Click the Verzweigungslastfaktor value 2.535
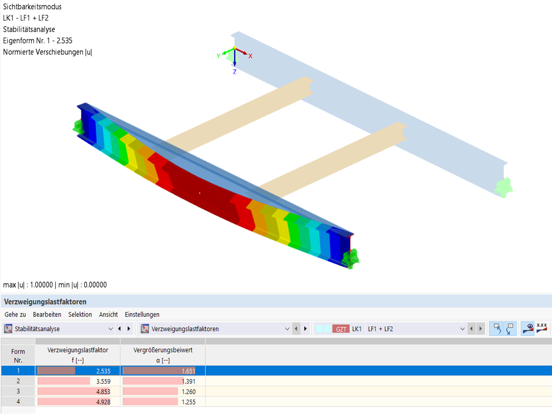103,371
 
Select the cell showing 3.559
103,381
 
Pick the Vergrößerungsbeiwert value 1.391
188,381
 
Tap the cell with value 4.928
103,402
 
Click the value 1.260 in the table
188,392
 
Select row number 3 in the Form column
18,392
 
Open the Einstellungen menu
142,314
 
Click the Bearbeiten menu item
47,314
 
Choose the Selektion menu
80,314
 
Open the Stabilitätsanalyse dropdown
110,329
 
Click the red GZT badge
341,329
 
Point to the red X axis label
250,56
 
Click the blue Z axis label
235,72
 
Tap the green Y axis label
219,56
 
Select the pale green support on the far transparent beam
504,188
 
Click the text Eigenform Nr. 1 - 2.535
38,41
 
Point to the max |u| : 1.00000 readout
28,285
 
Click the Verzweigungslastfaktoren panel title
45,301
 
